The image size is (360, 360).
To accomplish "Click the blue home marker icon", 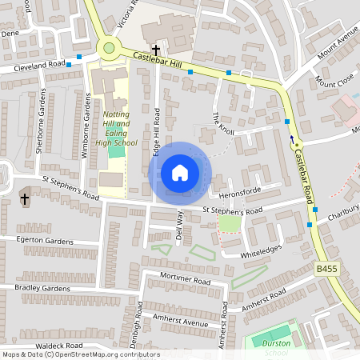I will [x=180, y=172].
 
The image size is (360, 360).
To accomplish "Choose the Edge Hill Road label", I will [x=157, y=132].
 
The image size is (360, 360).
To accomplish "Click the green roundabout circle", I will [x=110, y=48].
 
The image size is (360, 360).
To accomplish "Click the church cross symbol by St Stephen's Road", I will [x=25, y=198].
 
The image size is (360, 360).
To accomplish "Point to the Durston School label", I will [x=275, y=346].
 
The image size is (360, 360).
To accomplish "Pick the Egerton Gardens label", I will [x=45, y=241].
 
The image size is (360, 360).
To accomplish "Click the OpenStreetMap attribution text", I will [x=81, y=354].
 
